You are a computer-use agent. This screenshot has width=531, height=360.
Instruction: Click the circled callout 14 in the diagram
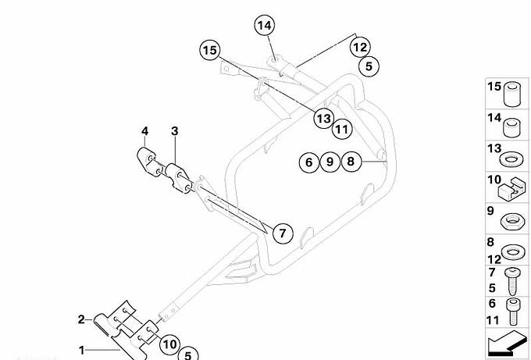pos(265,26)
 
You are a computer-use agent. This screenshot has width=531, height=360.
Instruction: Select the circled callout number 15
pos(208,51)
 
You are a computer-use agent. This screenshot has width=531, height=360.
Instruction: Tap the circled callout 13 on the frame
pos(323,118)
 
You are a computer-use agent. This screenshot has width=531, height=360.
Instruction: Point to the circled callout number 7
pos(282,232)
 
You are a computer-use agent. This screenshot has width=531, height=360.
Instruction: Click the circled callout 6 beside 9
pos(308,162)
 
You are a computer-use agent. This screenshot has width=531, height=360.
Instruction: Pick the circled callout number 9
pos(330,162)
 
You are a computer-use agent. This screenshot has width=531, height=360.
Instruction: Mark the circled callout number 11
pos(342,128)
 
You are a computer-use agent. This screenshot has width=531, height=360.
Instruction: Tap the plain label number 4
pos(144,130)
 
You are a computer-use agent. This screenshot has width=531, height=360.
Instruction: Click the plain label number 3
pos(175,130)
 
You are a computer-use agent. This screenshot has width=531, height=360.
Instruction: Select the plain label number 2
pos(80,319)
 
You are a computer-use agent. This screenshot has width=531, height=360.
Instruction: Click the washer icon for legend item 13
pos(511,159)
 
